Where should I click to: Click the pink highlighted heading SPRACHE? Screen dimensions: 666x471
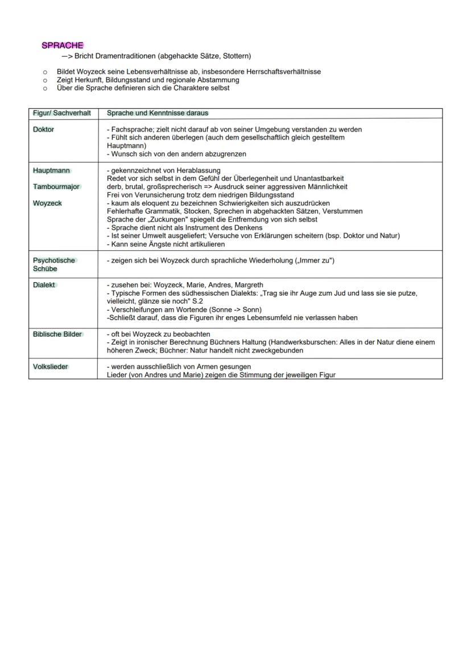click(63, 45)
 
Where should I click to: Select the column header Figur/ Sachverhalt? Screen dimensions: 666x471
click(62, 113)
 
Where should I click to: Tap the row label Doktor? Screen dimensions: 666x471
click(44, 130)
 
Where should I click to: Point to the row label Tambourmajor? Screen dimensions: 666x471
click(56, 187)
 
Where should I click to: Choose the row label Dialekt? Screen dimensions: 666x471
click(44, 285)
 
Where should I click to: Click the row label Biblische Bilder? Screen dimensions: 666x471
click(57, 334)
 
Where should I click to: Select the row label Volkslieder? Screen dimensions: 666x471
click(51, 367)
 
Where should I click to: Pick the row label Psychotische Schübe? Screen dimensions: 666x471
click(54, 264)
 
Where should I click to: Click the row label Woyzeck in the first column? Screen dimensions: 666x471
click(48, 203)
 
